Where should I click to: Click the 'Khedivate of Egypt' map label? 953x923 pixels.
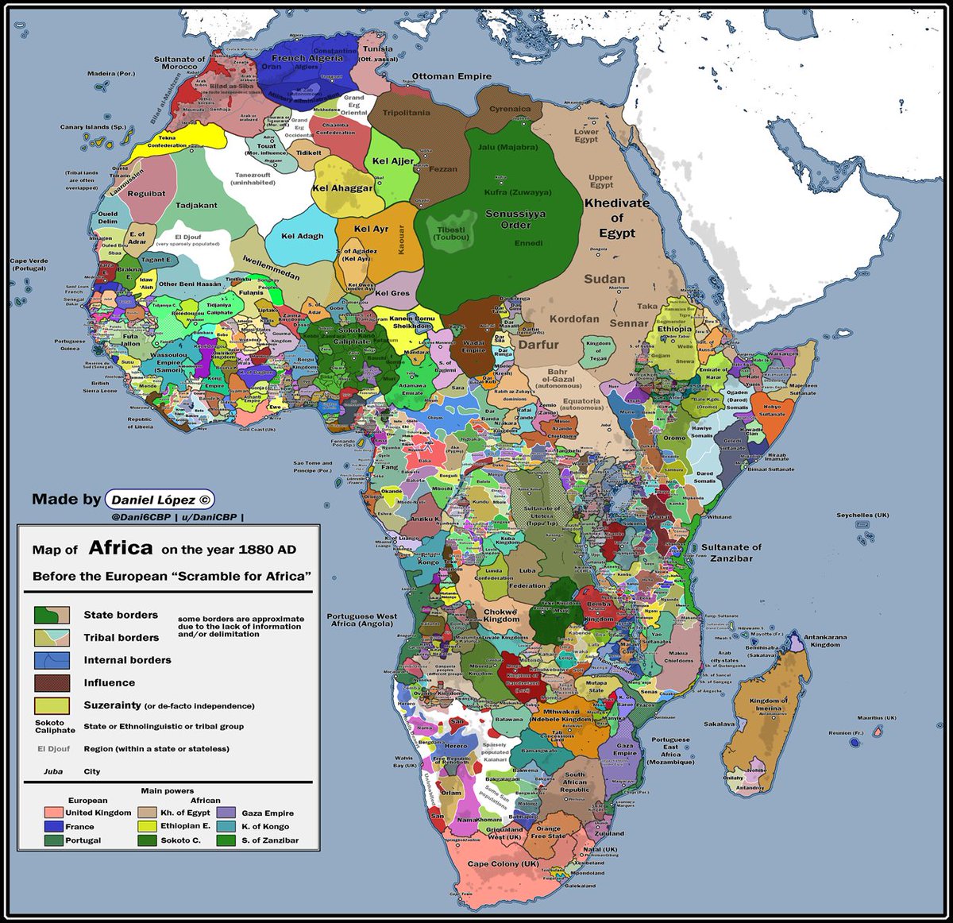617,218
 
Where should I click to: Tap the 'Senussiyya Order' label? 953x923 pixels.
515,219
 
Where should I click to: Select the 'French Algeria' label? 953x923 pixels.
307,58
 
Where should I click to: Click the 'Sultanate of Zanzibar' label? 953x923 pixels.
731,553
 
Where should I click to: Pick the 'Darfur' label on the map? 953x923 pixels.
538,345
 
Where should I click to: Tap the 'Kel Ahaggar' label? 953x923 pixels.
342,188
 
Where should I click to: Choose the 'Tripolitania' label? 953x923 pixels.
406,113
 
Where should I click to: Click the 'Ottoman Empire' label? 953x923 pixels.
451,76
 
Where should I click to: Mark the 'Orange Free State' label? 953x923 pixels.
548,832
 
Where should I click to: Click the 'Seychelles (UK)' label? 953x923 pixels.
862,515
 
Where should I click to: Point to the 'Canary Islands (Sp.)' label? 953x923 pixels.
93,127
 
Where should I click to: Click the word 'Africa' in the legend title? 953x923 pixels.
120,548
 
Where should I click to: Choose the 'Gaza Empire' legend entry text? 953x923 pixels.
268,813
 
